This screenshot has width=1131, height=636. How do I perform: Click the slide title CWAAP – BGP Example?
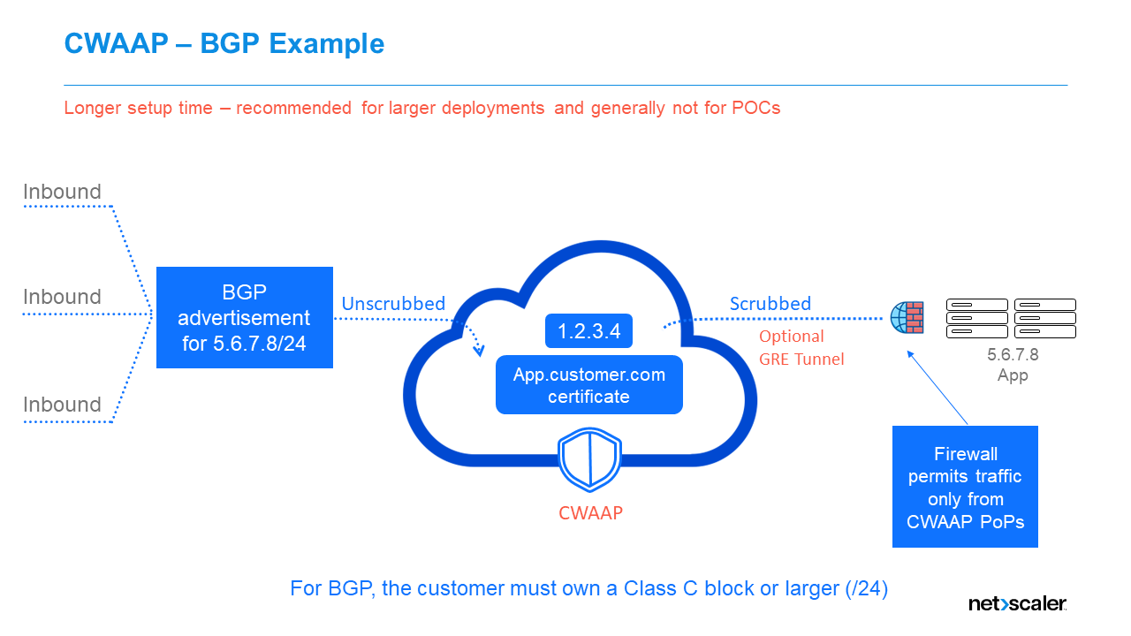point(224,43)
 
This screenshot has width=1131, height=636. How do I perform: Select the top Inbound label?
point(62,192)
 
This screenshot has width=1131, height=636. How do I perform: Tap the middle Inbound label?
point(62,297)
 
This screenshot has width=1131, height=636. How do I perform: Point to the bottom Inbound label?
point(62,405)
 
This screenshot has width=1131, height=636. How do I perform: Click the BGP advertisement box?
point(245,318)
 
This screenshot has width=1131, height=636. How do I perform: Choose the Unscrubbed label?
point(393,304)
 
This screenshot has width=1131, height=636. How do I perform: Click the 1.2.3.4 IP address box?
point(589,331)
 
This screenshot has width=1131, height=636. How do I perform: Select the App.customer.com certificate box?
point(589,386)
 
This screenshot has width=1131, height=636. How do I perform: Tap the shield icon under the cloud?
point(590,460)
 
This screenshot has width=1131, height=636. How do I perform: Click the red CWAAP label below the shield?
point(590,512)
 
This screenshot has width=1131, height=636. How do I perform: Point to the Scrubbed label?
point(770,304)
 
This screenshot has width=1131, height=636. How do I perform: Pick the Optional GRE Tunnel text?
point(801,348)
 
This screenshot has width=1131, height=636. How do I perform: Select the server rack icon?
point(1011,318)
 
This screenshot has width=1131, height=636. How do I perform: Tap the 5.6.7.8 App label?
point(1013,365)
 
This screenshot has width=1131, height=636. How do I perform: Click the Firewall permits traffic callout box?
point(965,487)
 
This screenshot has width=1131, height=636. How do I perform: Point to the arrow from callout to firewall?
point(938,388)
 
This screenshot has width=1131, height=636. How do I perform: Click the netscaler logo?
point(1017,604)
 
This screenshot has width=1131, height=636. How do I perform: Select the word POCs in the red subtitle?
point(755,108)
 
